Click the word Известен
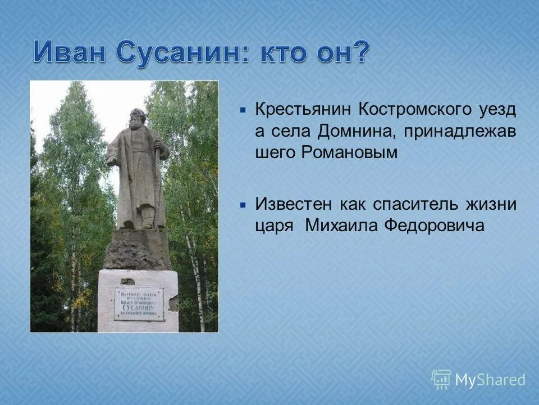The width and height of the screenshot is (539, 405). point(294,204)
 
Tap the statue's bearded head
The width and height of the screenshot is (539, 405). point(136,119)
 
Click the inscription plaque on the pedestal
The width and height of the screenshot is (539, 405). point(139,304)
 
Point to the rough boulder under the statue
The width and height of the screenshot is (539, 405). point(137,248)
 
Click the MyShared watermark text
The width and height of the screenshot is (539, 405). point(490,380)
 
